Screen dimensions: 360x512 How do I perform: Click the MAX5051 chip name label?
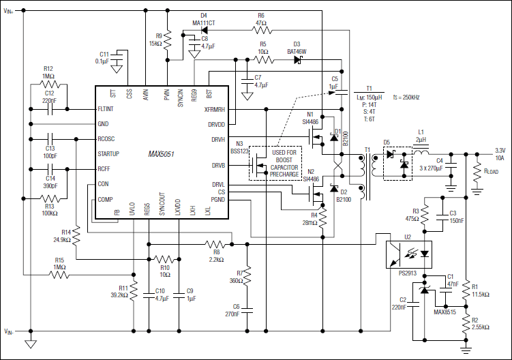click(162, 155)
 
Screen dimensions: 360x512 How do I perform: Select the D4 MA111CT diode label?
click(204, 19)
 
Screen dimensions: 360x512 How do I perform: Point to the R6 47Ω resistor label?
click(261, 19)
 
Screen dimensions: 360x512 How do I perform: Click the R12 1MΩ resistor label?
click(48, 72)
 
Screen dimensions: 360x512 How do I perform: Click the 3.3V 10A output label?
click(499, 153)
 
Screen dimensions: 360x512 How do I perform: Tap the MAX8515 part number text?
click(445, 313)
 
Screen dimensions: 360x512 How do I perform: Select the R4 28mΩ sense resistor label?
click(310, 218)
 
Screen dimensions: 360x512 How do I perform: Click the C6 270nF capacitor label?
click(235, 310)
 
